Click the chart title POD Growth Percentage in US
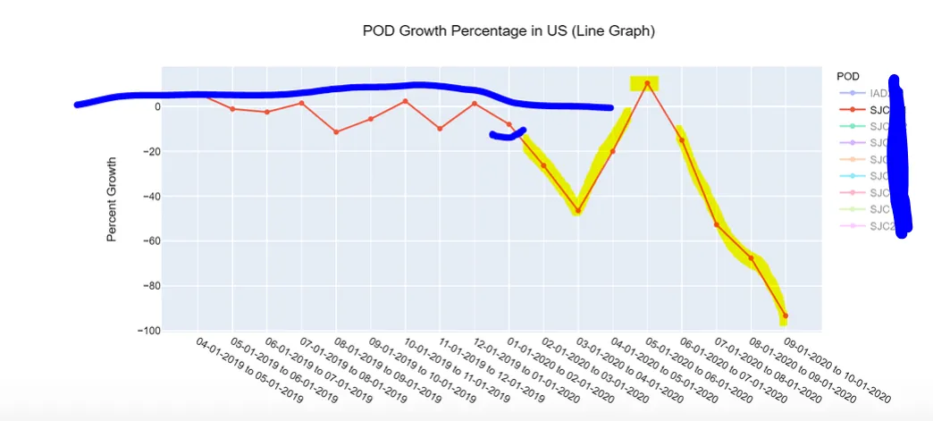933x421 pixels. coord(509,31)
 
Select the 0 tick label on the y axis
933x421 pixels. coord(156,107)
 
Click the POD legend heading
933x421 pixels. coord(847,77)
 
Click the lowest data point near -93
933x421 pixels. coord(786,316)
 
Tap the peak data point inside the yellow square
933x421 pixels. coord(647,83)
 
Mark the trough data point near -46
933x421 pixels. coord(578,211)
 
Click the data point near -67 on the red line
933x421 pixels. coord(751,258)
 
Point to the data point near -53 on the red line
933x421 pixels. coord(717,224)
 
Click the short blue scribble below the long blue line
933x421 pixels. coord(507,134)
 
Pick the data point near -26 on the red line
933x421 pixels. coord(543,165)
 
